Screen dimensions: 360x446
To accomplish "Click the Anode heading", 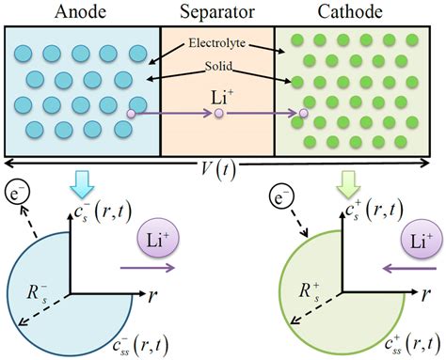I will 80,12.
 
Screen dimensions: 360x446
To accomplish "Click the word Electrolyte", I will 216,44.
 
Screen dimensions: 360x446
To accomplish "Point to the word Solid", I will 216,70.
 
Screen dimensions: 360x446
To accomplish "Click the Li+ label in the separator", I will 217,95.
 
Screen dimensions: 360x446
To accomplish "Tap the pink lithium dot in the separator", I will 218,115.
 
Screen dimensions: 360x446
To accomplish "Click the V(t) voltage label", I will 222,172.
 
